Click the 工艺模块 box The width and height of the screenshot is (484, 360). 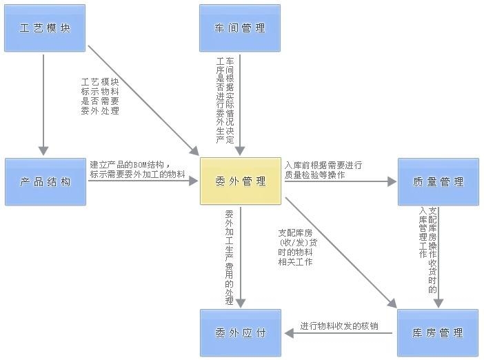pos(45,28)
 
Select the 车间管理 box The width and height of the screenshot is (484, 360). pos(240,28)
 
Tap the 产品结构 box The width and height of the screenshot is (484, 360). pos(45,181)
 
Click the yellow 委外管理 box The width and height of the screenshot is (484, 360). pos(240,181)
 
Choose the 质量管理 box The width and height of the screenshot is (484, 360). pos(438,181)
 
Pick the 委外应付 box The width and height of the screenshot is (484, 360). pos(240,332)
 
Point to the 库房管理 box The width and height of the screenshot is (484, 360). pos(438,332)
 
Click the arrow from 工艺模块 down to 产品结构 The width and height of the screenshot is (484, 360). pos(44,103)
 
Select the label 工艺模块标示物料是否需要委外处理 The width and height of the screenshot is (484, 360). pos(100,96)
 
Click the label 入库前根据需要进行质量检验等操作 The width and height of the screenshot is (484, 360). pos(323,170)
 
